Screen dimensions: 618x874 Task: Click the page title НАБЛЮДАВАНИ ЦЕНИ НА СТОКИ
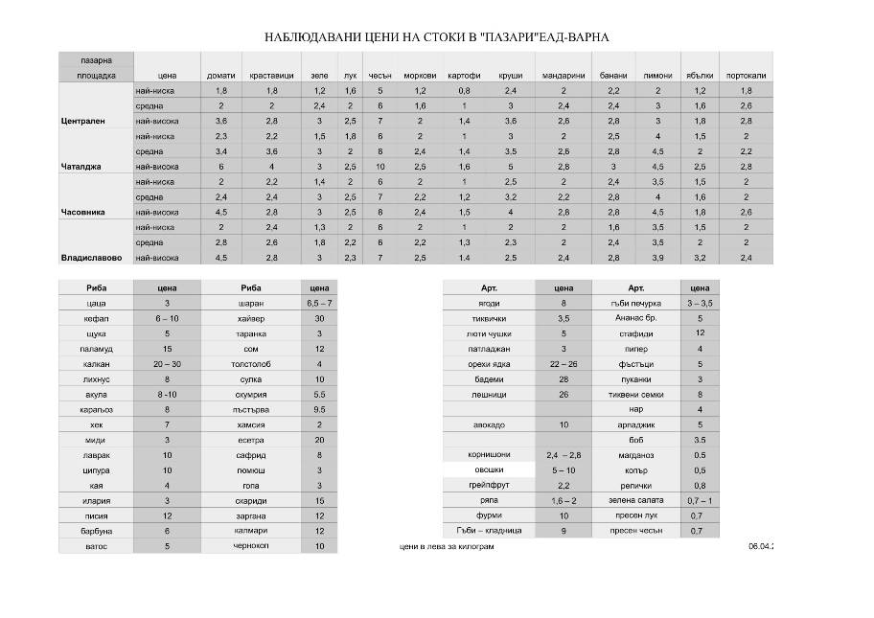point(436,37)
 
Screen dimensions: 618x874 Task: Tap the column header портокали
point(746,75)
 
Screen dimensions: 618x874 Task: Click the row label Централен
point(81,122)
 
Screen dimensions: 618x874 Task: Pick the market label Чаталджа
point(80,167)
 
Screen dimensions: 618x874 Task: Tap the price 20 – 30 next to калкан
point(167,364)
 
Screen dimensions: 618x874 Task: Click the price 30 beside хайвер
point(319,318)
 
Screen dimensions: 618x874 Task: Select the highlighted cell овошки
point(488,470)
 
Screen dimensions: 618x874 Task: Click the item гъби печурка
point(635,303)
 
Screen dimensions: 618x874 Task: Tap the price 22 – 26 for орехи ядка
point(563,364)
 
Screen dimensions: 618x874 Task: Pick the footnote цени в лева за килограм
point(448,547)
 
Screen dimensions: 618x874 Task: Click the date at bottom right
point(762,547)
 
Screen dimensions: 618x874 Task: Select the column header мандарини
point(563,75)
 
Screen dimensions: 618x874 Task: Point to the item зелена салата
point(635,500)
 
